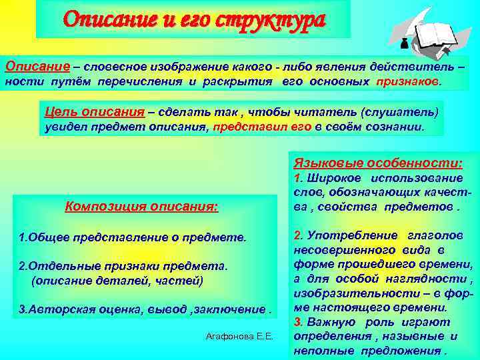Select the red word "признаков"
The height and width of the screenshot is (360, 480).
(x=407, y=81)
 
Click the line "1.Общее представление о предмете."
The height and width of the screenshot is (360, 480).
(x=133, y=237)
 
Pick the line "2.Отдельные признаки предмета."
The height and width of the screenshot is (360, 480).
(x=123, y=267)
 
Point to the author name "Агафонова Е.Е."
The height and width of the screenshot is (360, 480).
(x=239, y=336)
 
